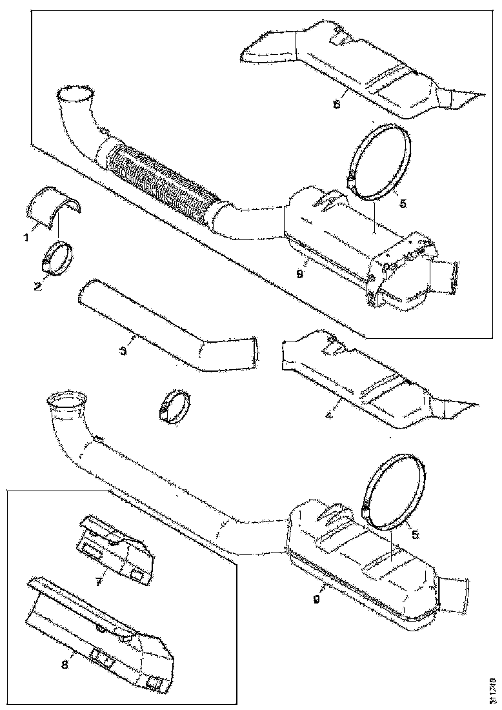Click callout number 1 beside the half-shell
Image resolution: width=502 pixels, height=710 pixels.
point(26,237)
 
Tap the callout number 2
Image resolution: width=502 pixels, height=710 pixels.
point(37,285)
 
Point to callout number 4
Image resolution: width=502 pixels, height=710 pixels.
point(329,416)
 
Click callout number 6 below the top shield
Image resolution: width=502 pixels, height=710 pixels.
point(337,104)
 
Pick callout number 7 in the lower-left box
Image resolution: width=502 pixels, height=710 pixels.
point(99,582)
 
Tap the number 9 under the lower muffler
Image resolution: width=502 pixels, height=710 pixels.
point(316,599)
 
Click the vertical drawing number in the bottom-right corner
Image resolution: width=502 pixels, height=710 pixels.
point(492,688)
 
